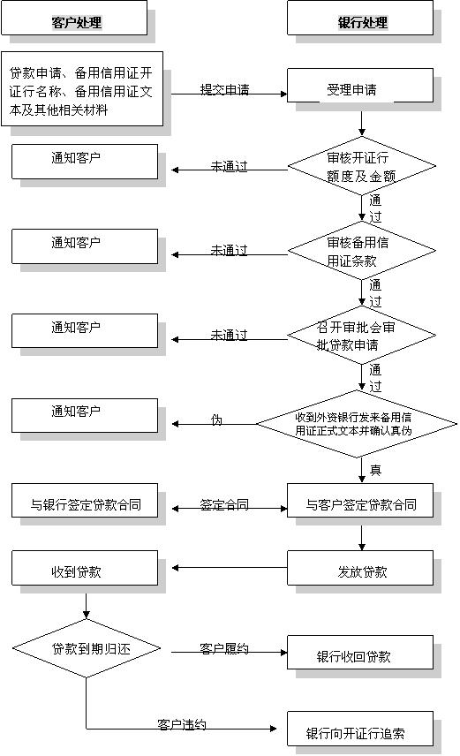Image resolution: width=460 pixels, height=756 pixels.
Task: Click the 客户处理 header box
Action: click(x=74, y=18)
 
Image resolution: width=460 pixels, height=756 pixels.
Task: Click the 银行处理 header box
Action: click(x=360, y=18)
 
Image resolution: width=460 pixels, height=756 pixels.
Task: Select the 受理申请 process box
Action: click(x=360, y=86)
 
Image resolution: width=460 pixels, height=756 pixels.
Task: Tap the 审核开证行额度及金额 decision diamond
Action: click(x=362, y=166)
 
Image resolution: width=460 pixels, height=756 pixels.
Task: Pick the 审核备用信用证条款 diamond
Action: click(x=362, y=251)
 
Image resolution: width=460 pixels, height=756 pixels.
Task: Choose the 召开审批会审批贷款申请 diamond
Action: click(x=362, y=336)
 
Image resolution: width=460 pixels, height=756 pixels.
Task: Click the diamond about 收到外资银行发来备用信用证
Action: click(x=357, y=424)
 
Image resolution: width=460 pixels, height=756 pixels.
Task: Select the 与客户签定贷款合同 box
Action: click(x=360, y=501)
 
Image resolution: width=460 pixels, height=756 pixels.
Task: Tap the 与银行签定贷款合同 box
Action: click(x=85, y=501)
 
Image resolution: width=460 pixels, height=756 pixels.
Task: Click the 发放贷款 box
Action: click(x=360, y=568)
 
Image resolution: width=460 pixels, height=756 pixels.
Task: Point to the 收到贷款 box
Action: click(x=85, y=568)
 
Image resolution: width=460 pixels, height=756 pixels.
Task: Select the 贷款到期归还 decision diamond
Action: click(x=87, y=648)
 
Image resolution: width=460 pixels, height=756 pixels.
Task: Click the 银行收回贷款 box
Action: click(x=360, y=653)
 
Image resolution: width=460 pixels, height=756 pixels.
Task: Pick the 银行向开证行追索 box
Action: click(x=360, y=729)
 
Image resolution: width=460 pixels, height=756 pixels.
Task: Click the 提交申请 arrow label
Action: click(x=224, y=90)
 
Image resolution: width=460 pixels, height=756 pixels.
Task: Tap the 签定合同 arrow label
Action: click(x=224, y=505)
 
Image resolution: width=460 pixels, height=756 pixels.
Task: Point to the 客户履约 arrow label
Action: click(x=224, y=648)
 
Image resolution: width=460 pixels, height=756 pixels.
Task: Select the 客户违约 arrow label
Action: click(x=182, y=725)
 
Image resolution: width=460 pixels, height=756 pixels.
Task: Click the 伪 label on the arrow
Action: click(x=217, y=420)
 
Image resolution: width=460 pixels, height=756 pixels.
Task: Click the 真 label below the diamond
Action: click(x=375, y=470)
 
